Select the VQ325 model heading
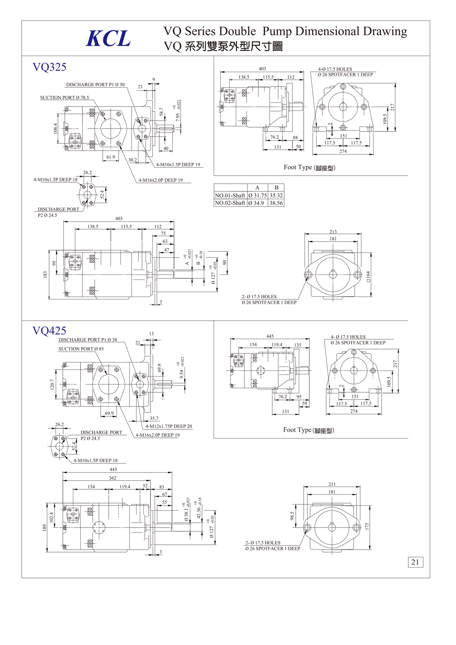[49, 67]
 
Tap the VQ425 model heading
[49, 331]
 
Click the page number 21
[415, 562]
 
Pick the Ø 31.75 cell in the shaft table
[257, 196]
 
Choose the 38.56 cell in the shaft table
[276, 203]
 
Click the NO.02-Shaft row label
[230, 203]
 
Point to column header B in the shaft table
[276, 188]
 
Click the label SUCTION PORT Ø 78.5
[65, 98]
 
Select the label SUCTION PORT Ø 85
[81, 349]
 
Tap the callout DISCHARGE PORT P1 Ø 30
[95, 85]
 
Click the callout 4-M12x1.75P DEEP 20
[169, 427]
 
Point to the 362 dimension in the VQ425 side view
[113, 478]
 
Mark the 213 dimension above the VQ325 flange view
[333, 232]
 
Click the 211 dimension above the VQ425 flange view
[332, 484]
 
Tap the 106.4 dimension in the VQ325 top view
[55, 129]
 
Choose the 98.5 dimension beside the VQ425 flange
[292, 516]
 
